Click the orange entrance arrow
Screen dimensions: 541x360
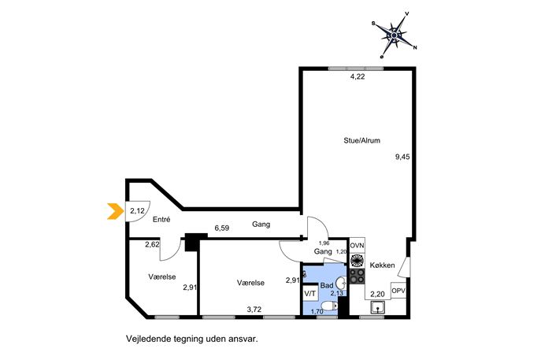click(117, 211)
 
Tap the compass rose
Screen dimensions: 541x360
click(395, 35)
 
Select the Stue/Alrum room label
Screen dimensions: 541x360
click(362, 140)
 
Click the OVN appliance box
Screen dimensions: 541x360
click(357, 246)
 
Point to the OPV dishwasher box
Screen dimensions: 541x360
click(398, 291)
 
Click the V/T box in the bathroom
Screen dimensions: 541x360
click(309, 294)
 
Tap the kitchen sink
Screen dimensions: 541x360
click(378, 307)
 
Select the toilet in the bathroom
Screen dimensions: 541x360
click(329, 306)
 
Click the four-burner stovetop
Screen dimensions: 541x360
click(357, 276)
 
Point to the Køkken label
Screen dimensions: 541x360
click(382, 265)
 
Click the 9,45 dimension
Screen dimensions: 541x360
click(402, 157)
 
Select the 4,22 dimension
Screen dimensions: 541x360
click(358, 77)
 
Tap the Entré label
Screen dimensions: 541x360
click(161, 219)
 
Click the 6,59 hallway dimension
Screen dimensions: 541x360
click(222, 228)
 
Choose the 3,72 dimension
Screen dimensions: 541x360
click(254, 310)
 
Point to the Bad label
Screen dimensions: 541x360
click(327, 285)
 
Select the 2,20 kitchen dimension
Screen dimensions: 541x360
click(377, 295)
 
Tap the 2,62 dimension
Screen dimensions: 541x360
click(152, 245)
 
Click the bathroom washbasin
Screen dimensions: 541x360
click(341, 284)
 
